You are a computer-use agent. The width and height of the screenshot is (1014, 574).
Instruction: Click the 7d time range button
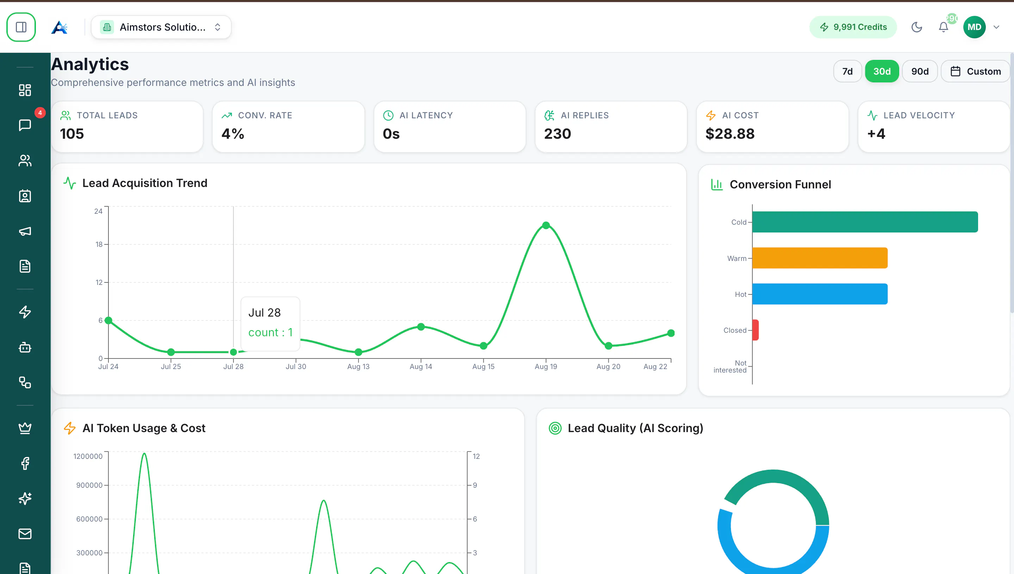point(847,71)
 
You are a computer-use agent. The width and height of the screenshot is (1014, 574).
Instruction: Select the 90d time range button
point(920,71)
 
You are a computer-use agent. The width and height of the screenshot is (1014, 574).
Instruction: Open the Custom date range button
point(975,71)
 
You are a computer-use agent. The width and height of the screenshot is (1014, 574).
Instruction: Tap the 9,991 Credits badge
point(853,27)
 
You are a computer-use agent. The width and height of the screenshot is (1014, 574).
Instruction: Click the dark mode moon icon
point(917,27)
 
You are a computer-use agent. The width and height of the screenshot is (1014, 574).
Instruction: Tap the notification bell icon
point(944,27)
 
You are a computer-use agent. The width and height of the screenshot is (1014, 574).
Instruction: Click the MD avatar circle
point(974,27)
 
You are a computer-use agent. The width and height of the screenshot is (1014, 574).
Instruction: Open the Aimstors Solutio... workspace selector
point(161,27)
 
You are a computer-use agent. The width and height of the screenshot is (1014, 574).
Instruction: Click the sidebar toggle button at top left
point(21,27)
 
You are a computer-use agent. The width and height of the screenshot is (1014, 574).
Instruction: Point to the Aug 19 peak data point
point(546,225)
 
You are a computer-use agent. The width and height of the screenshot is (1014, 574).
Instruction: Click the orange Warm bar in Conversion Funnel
point(820,258)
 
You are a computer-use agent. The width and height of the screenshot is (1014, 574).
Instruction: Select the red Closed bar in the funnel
point(756,330)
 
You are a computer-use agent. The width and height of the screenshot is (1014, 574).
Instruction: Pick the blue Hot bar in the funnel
point(820,294)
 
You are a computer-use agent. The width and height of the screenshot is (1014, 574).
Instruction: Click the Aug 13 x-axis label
point(358,366)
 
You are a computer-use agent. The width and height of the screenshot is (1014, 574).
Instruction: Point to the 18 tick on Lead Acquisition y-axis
point(99,244)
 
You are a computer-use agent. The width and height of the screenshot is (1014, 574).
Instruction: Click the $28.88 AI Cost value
point(730,134)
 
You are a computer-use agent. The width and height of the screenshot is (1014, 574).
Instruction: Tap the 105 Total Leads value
point(72,134)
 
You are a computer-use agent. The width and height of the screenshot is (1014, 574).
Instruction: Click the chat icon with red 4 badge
point(25,125)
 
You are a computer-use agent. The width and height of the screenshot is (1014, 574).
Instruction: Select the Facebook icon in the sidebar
point(25,463)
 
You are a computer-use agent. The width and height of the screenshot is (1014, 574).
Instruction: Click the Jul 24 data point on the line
point(108,320)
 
